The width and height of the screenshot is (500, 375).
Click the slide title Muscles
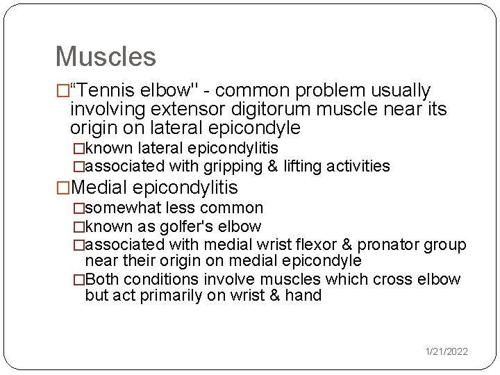[x=106, y=56]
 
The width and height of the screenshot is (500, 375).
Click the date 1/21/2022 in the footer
[x=447, y=352]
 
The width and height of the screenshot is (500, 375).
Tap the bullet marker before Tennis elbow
[x=62, y=91]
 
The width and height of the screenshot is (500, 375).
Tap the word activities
[x=358, y=166]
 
